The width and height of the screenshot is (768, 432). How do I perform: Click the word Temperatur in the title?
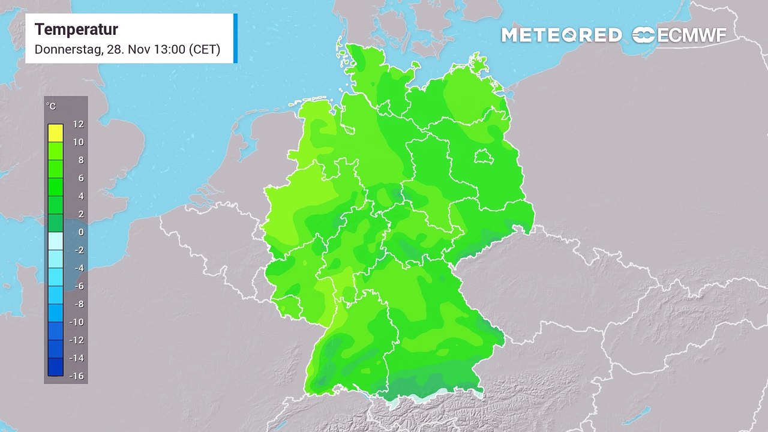(x=76, y=29)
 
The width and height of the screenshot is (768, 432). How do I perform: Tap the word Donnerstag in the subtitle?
(x=68, y=49)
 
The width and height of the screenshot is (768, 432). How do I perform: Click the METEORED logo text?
(x=561, y=35)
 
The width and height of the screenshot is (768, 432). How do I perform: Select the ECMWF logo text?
(x=692, y=35)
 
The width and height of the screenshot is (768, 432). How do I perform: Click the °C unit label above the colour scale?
(x=52, y=106)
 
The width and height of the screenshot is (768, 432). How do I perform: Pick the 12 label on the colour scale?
(x=78, y=124)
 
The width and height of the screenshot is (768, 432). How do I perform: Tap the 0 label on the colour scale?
(x=80, y=232)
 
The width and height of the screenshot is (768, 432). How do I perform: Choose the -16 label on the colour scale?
(x=76, y=376)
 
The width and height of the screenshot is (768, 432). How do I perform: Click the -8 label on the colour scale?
(x=78, y=304)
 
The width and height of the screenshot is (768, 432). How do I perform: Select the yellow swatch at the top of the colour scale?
(x=55, y=133)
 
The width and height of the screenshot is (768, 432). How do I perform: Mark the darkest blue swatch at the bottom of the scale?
(x=55, y=367)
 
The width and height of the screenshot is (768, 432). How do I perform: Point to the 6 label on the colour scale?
(x=80, y=178)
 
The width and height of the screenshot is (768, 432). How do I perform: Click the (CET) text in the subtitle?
(x=205, y=49)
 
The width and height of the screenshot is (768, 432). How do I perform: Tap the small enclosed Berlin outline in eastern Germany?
(x=484, y=157)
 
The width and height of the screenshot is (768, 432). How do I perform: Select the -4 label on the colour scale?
(x=78, y=268)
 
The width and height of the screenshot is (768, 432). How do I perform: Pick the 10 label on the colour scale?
(x=78, y=142)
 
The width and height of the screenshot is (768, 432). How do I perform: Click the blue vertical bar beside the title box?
(x=235, y=38)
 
